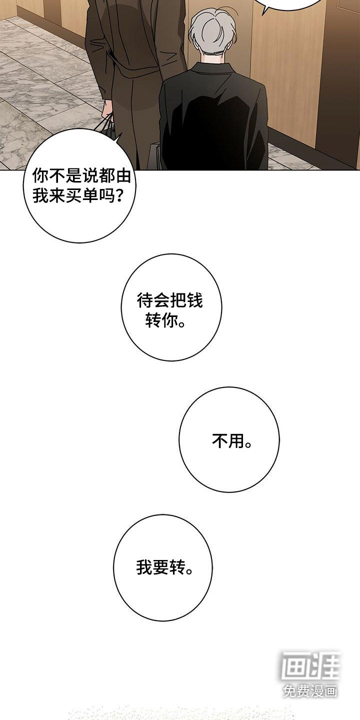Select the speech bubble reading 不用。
click(x=229, y=439)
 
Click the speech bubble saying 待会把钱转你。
click(x=171, y=307)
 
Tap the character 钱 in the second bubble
click(x=196, y=300)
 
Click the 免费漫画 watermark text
click(x=310, y=691)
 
